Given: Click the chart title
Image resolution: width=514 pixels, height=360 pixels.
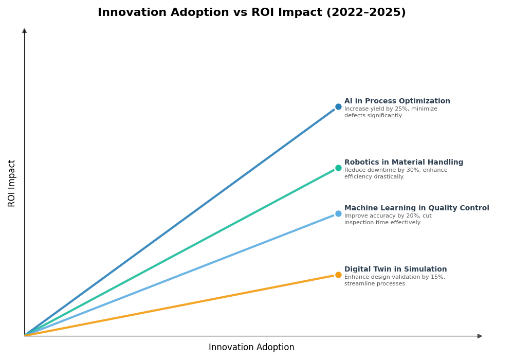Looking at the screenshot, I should pyautogui.click(x=251, y=13).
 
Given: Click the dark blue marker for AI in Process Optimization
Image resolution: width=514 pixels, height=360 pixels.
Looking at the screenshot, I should pyautogui.click(x=338, y=107).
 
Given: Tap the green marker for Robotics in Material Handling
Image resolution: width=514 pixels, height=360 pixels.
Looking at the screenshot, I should pyautogui.click(x=338, y=168).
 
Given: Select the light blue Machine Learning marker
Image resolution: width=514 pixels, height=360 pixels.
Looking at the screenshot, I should pyautogui.click(x=338, y=214).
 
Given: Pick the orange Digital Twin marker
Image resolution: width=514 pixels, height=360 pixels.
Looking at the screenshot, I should pyautogui.click(x=338, y=275).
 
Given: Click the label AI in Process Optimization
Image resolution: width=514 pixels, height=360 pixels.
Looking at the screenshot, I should pyautogui.click(x=397, y=101).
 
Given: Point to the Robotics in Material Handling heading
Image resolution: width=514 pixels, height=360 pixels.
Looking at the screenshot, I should pyautogui.click(x=403, y=163).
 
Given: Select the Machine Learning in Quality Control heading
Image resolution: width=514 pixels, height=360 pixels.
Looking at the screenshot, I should pyautogui.click(x=416, y=208).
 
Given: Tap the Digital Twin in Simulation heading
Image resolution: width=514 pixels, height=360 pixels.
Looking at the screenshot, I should pyautogui.click(x=395, y=269).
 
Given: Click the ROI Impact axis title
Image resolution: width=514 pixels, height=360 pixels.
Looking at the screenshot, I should pyautogui.click(x=12, y=183).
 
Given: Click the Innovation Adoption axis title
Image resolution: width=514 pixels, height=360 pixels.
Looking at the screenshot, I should pyautogui.click(x=251, y=348).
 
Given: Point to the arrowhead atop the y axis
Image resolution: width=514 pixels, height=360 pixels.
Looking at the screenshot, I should pyautogui.click(x=24, y=31).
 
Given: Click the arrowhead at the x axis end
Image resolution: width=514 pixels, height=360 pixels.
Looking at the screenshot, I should pyautogui.click(x=480, y=336).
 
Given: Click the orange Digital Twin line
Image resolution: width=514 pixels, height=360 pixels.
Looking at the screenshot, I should pyautogui.click(x=180, y=305).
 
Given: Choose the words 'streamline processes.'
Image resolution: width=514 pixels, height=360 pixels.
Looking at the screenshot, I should pyautogui.click(x=375, y=284).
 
